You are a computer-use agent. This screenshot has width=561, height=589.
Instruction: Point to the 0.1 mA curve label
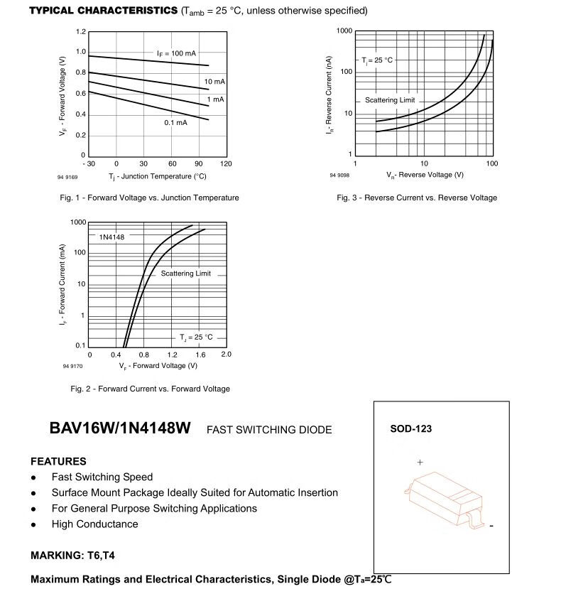click(175, 123)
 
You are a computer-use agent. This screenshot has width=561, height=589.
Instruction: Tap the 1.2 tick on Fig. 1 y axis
click(81, 32)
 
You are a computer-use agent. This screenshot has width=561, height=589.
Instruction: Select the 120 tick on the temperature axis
click(227, 164)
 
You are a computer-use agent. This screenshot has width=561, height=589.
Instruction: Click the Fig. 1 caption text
click(149, 198)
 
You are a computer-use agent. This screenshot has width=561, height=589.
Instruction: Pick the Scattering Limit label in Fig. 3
click(390, 100)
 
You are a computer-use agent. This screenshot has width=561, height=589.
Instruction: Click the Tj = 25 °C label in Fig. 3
click(377, 60)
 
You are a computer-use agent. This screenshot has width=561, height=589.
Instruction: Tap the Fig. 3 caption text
click(417, 198)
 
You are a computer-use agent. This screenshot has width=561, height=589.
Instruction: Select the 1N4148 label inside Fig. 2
click(111, 237)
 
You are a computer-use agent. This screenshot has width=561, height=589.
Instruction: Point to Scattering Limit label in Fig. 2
click(186, 274)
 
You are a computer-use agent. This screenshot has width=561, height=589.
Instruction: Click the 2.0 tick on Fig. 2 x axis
click(227, 354)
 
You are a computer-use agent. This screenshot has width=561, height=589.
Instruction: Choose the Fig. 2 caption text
click(150, 389)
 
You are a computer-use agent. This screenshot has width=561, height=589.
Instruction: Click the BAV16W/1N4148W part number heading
click(120, 429)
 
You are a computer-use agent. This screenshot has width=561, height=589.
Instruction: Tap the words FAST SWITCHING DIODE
click(269, 430)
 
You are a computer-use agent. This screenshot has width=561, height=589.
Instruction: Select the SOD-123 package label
click(410, 429)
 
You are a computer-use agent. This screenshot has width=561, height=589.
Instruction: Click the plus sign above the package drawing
click(420, 463)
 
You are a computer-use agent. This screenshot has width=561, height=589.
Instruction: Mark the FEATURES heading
click(58, 461)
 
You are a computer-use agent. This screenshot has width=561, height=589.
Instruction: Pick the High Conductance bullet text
click(94, 524)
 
